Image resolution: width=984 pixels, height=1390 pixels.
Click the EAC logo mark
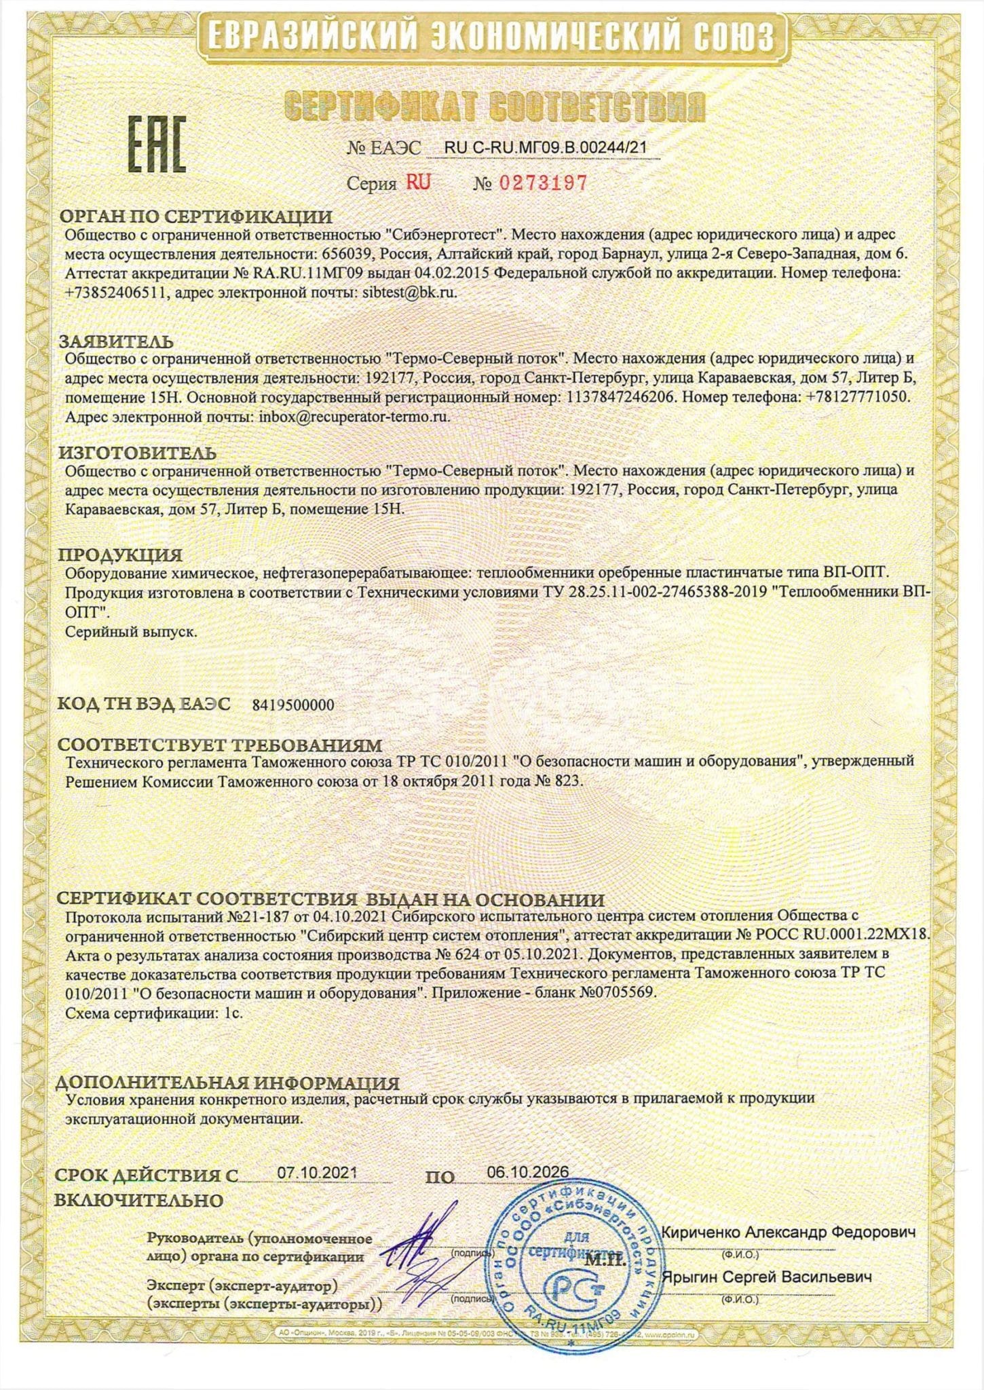[157, 145]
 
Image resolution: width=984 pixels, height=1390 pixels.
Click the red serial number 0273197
[543, 183]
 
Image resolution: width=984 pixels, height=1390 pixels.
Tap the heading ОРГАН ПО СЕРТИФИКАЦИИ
[195, 217]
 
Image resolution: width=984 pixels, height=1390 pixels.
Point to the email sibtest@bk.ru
[405, 293]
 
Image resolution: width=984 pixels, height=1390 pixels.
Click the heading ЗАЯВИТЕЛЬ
[116, 341]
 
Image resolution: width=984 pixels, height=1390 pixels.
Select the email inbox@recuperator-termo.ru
[354, 417]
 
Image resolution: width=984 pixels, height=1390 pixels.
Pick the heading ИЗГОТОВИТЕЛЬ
[137, 453]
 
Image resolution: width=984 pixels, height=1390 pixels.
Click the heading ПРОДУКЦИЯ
[120, 555]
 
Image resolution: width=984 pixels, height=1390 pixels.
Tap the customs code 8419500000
[293, 705]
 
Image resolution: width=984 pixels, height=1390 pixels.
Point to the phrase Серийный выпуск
[131, 631]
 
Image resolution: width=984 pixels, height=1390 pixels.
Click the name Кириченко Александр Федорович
[789, 1232]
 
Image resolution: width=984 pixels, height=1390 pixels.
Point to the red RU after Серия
[418, 182]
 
